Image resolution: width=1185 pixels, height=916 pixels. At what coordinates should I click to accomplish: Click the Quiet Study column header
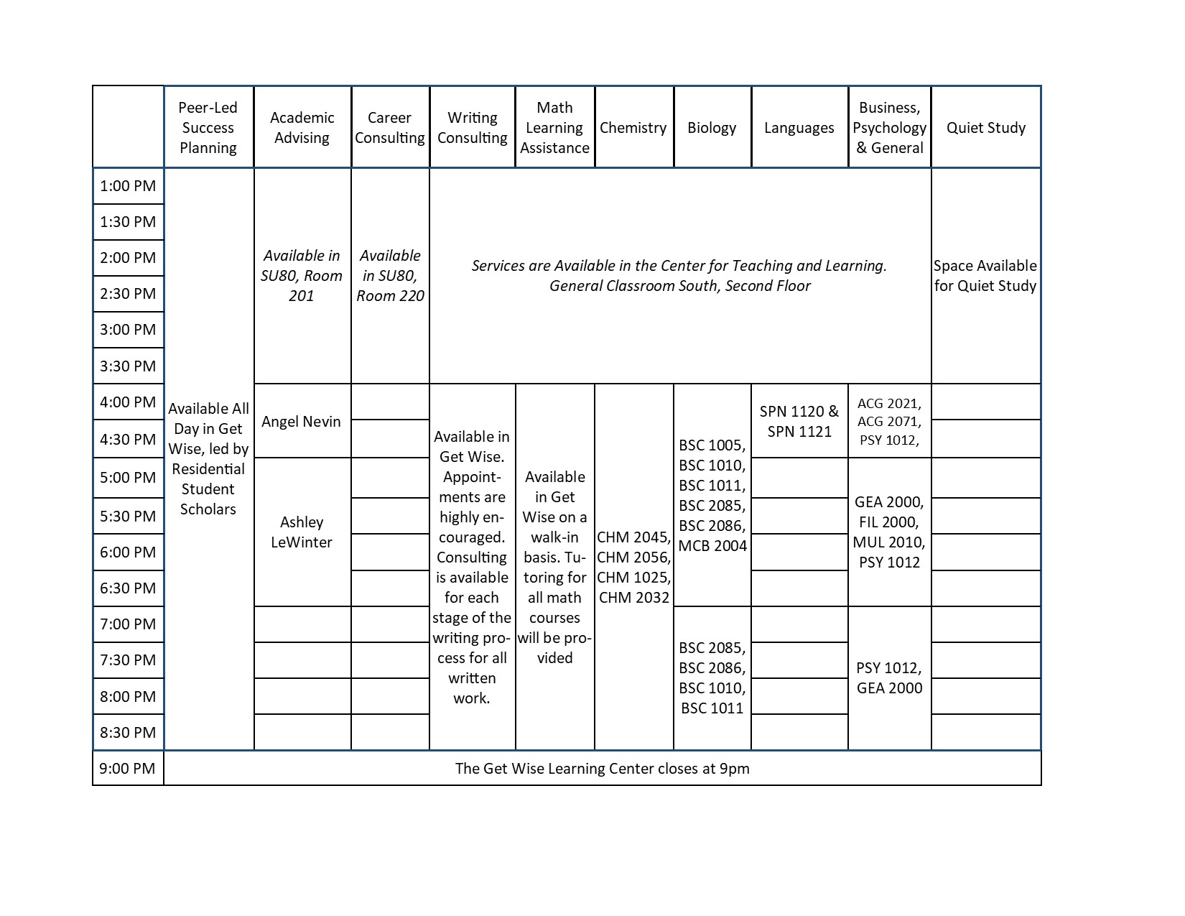(985, 128)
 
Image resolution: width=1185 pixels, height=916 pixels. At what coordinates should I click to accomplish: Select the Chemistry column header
(633, 128)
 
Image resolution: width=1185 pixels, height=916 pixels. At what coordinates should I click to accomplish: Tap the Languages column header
(799, 128)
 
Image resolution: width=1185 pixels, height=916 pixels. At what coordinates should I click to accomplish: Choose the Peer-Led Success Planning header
(208, 128)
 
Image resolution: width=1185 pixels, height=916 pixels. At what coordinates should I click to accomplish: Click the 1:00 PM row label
(128, 186)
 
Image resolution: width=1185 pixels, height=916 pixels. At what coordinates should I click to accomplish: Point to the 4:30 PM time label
(128, 439)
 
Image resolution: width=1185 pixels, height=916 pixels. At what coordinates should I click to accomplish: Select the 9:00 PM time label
(128, 768)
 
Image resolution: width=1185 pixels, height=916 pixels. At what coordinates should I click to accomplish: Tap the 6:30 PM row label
(128, 588)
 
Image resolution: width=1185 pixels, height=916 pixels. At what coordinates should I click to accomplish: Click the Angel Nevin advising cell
(302, 421)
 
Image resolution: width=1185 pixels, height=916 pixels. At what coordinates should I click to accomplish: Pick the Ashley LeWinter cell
(302, 532)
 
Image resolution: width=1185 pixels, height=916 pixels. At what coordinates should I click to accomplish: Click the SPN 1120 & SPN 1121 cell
(799, 421)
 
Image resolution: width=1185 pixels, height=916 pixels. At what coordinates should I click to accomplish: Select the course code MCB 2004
(712, 545)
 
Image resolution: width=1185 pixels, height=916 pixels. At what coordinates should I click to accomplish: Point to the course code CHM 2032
(634, 597)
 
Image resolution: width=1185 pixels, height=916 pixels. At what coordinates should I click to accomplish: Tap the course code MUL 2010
(889, 542)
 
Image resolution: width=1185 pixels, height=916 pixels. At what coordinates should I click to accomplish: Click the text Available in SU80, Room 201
(302, 275)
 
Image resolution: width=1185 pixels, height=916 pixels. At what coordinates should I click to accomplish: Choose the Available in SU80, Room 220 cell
(390, 275)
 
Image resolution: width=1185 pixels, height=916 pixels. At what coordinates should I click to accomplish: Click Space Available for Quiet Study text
(985, 275)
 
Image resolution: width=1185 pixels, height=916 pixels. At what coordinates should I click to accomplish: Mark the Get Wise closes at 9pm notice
(602, 768)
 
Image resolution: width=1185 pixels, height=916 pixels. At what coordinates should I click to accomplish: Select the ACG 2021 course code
(889, 403)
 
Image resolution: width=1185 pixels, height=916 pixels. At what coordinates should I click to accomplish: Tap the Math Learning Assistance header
(554, 128)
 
